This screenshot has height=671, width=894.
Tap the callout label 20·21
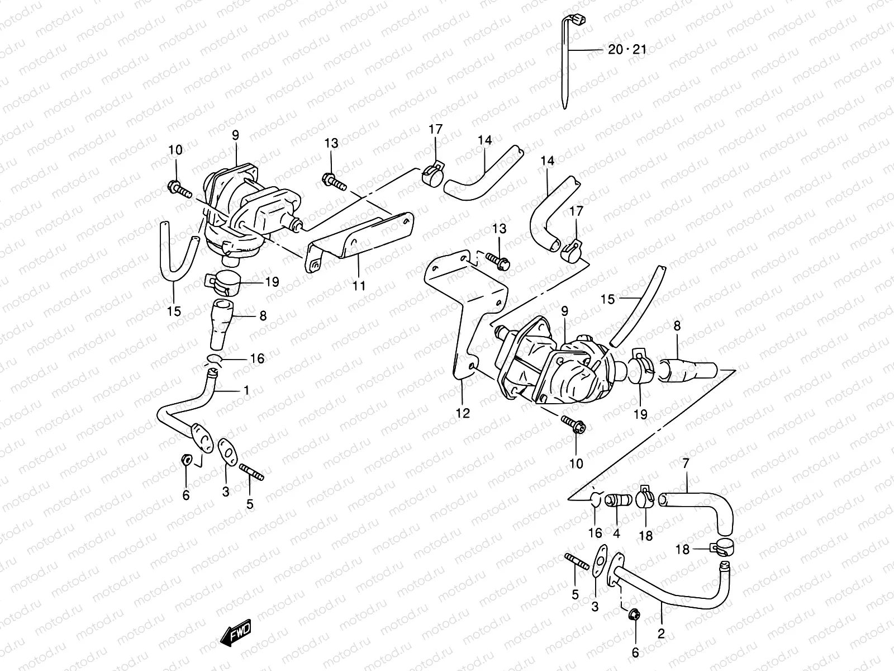[627, 50]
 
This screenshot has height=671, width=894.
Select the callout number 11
[359, 286]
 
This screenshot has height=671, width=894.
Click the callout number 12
[463, 413]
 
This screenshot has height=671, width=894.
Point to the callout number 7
[686, 463]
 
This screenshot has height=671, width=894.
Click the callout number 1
[246, 390]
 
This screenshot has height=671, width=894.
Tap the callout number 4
[616, 534]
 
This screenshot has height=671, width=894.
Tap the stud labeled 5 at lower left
[251, 472]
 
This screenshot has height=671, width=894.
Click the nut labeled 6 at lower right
[634, 616]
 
